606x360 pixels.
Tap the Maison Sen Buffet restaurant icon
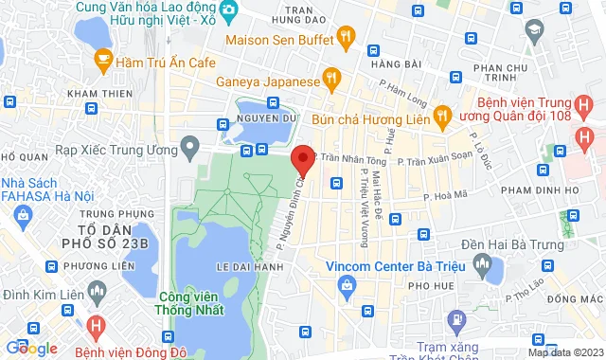pos(347,40)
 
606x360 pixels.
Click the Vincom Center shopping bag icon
pos(348,285)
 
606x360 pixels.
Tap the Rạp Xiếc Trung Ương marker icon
pos(189,148)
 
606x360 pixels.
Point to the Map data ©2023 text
pos(564,352)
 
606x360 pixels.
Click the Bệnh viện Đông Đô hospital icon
pos(94,324)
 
